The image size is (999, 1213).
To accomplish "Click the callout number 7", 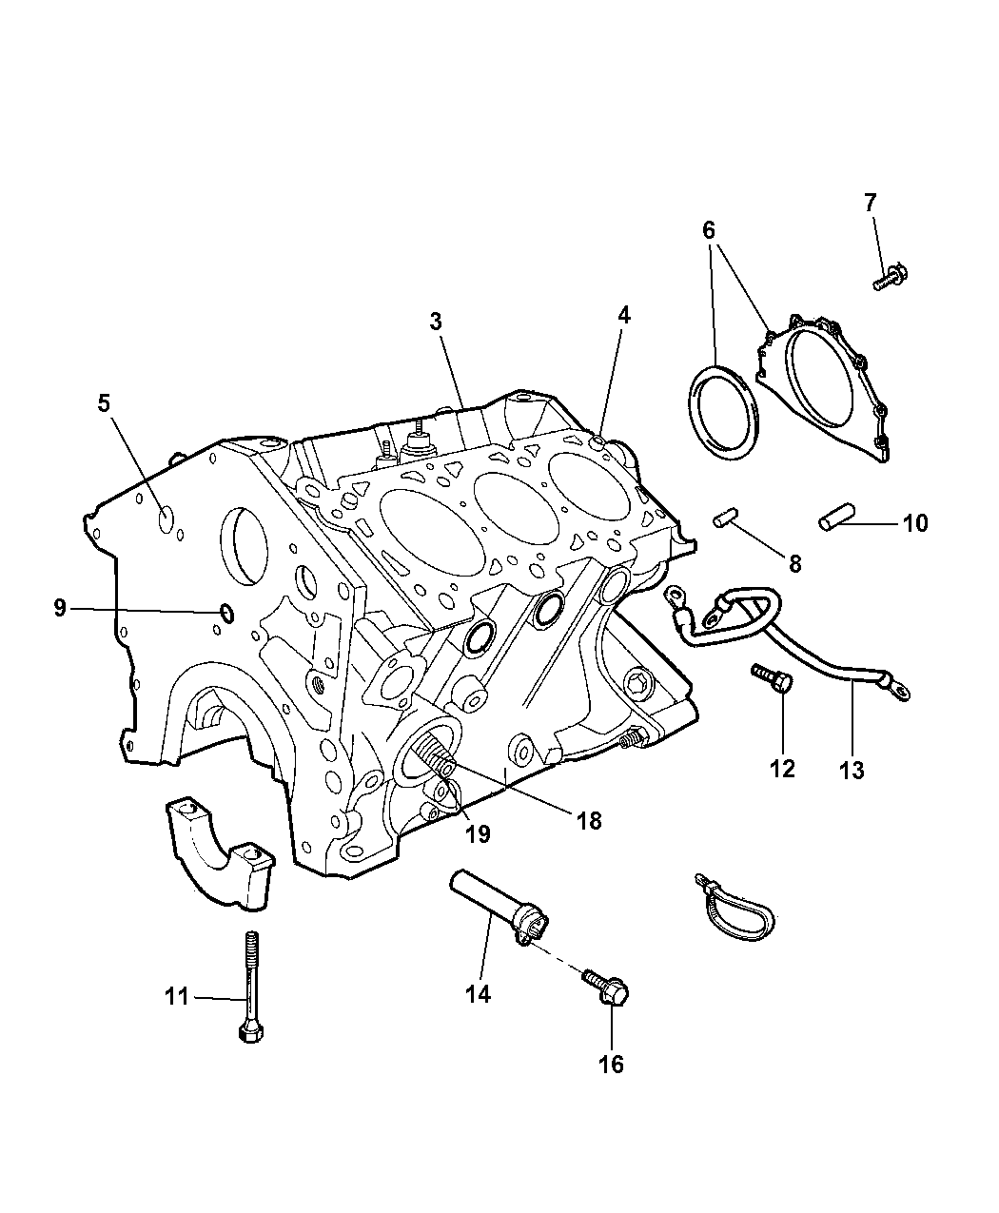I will [870, 203].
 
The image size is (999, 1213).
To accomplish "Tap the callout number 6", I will [709, 230].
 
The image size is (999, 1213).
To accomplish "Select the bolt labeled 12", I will [769, 678].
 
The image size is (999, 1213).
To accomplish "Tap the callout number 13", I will [852, 769].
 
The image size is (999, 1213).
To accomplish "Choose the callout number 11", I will [177, 997].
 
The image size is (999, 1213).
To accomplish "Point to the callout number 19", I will [477, 833].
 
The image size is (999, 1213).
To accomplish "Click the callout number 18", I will [589, 819].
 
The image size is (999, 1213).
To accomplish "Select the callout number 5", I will [103, 403].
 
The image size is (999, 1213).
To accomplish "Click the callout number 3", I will [435, 322].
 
